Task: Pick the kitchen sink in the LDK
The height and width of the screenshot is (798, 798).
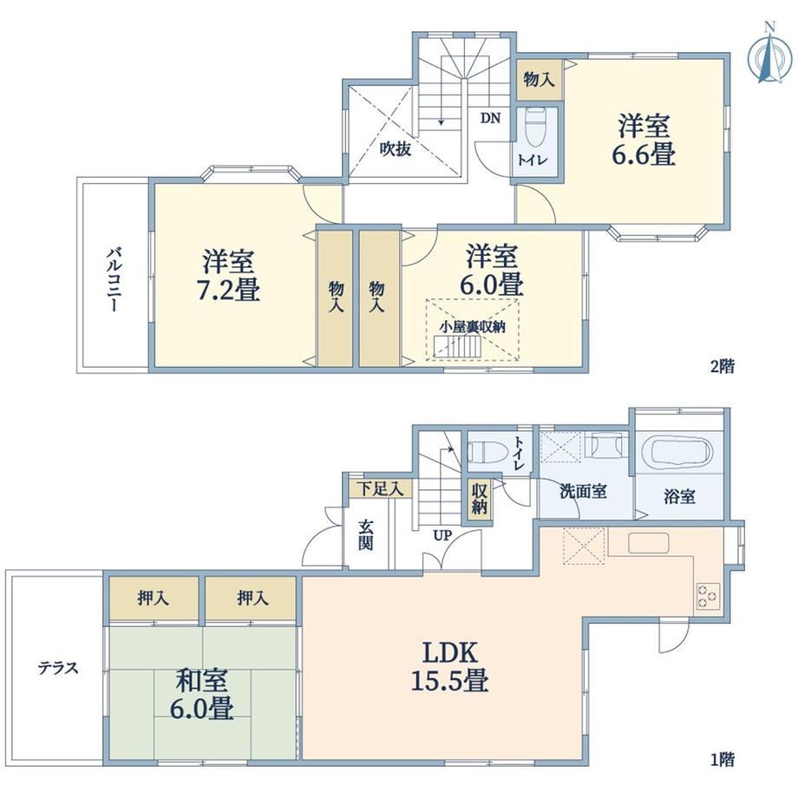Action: pyautogui.click(x=648, y=543)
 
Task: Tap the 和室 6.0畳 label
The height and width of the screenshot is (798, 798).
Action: pyautogui.click(x=202, y=695)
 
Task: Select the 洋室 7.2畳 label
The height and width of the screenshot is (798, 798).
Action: pyautogui.click(x=228, y=275)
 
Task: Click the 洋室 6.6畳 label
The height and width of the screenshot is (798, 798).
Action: pyautogui.click(x=644, y=140)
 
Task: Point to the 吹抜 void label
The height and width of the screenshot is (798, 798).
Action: pyautogui.click(x=396, y=149)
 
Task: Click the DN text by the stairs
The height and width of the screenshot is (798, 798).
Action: pyautogui.click(x=491, y=118)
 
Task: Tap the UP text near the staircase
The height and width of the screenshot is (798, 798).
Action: pyautogui.click(x=442, y=535)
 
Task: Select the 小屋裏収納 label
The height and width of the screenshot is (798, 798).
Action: pyautogui.click(x=473, y=327)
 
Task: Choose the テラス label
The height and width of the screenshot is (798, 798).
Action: pyautogui.click(x=58, y=667)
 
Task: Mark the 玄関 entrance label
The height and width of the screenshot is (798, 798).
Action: pyautogui.click(x=365, y=534)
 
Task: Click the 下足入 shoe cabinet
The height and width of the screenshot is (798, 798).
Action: pyautogui.click(x=381, y=489)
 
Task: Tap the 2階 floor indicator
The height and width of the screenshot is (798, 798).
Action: pyautogui.click(x=723, y=366)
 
